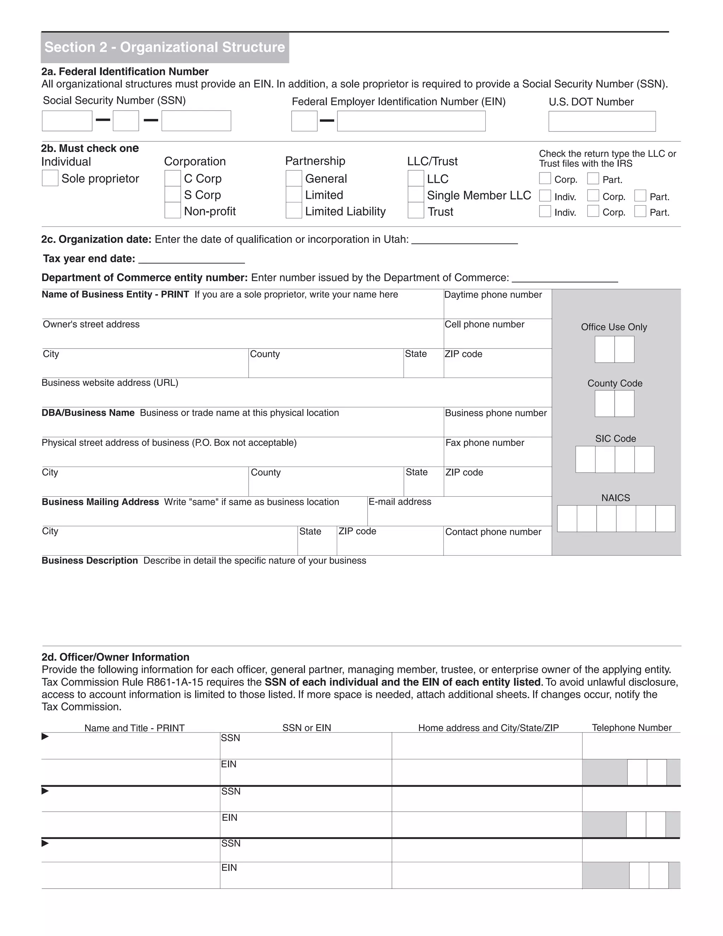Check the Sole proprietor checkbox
pyautogui.click(x=50, y=178)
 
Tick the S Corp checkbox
pyautogui.click(x=172, y=195)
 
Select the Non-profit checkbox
pyautogui.click(x=172, y=211)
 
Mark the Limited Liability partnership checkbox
pyautogui.click(x=294, y=211)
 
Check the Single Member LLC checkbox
pyautogui.click(x=416, y=195)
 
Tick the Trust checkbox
pyautogui.click(x=416, y=211)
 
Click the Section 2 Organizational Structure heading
pyautogui.click(x=165, y=47)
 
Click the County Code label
pyautogui.click(x=614, y=383)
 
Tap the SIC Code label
pyautogui.click(x=615, y=438)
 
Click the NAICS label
pyautogui.click(x=615, y=498)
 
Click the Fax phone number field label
pyautogui.click(x=484, y=443)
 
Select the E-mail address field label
pyautogui.click(x=400, y=502)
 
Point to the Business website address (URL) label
pyautogui.click(x=110, y=383)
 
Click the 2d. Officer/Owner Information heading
pyautogui.click(x=115, y=657)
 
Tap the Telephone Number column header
pyautogui.click(x=631, y=728)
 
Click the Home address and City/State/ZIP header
pyautogui.click(x=488, y=728)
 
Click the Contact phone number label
pyautogui.click(x=493, y=532)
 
